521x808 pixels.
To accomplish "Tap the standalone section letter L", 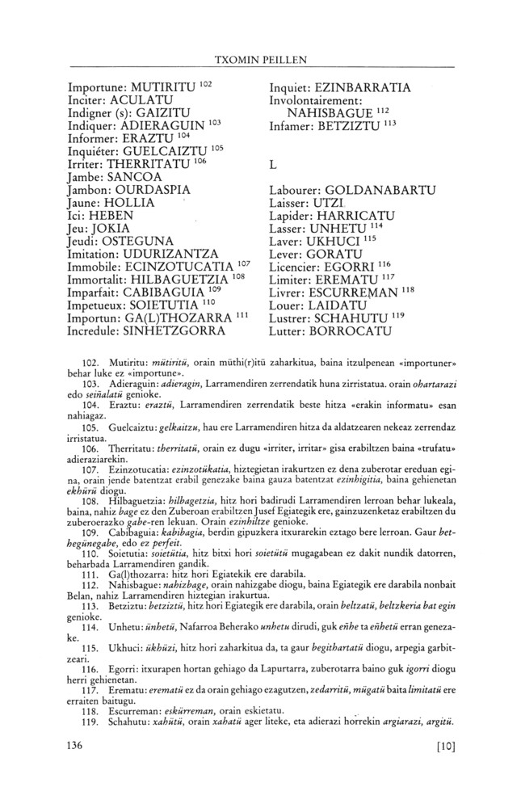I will pos(273,164).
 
